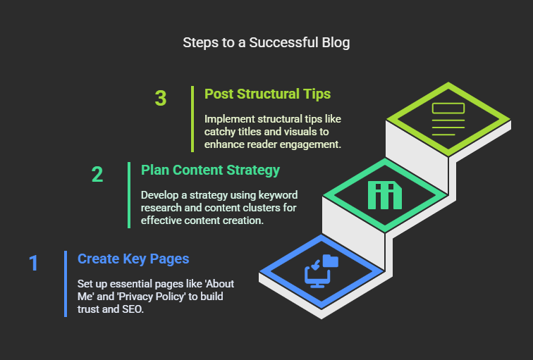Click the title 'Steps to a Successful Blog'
pos(266,43)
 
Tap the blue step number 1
pos(33,263)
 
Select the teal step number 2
pos(97,174)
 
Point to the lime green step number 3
pos(161,98)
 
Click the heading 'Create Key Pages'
pos(133,259)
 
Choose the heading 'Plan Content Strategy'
pos(210,170)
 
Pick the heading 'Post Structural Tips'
pos(267,94)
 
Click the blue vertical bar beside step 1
pos(66,284)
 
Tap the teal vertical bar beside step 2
pos(129,195)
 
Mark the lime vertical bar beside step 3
pos(192,119)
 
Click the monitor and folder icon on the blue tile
pos(321,271)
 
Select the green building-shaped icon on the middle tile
pos(385,195)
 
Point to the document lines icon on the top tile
pos(448,119)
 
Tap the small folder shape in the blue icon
pos(331,261)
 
